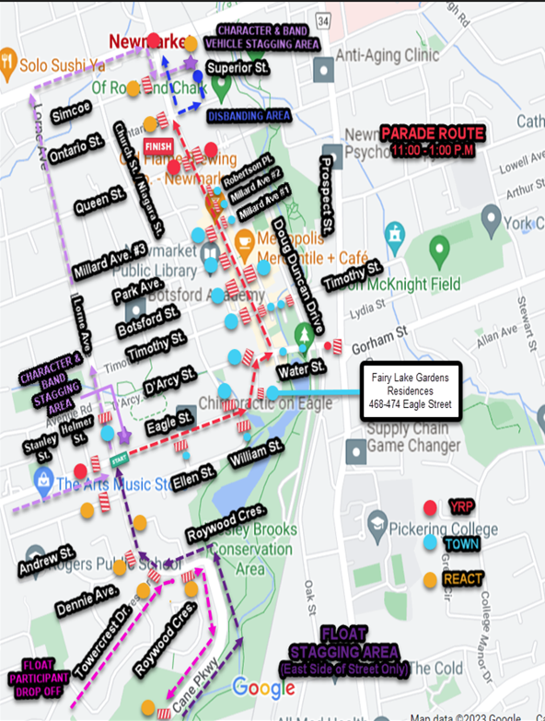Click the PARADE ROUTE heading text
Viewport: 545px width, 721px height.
(x=432, y=134)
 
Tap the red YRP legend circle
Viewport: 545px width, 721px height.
(x=429, y=507)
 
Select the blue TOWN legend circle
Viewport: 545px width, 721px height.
(x=429, y=543)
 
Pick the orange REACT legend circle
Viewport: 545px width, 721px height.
(x=429, y=579)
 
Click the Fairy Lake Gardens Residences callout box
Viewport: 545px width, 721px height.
(x=410, y=391)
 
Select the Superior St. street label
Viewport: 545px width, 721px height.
(x=237, y=68)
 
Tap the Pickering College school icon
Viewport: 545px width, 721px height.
(x=376, y=523)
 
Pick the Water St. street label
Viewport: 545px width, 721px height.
(x=301, y=368)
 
